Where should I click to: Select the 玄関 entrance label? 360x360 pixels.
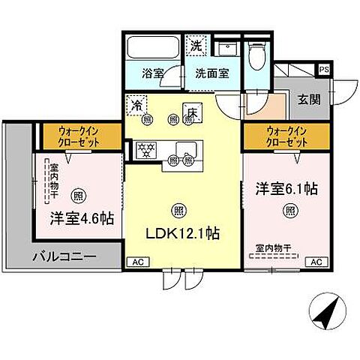308,98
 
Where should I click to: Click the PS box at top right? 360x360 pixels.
324,69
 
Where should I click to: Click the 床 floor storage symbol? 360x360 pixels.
190,110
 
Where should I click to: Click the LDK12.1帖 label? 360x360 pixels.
183,233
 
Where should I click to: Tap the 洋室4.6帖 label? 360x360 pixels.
82,219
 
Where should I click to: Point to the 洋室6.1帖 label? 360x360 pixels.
285,189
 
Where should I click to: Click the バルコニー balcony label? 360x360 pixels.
64,256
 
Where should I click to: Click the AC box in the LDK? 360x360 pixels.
137,262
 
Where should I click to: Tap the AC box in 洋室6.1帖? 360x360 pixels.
316,262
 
